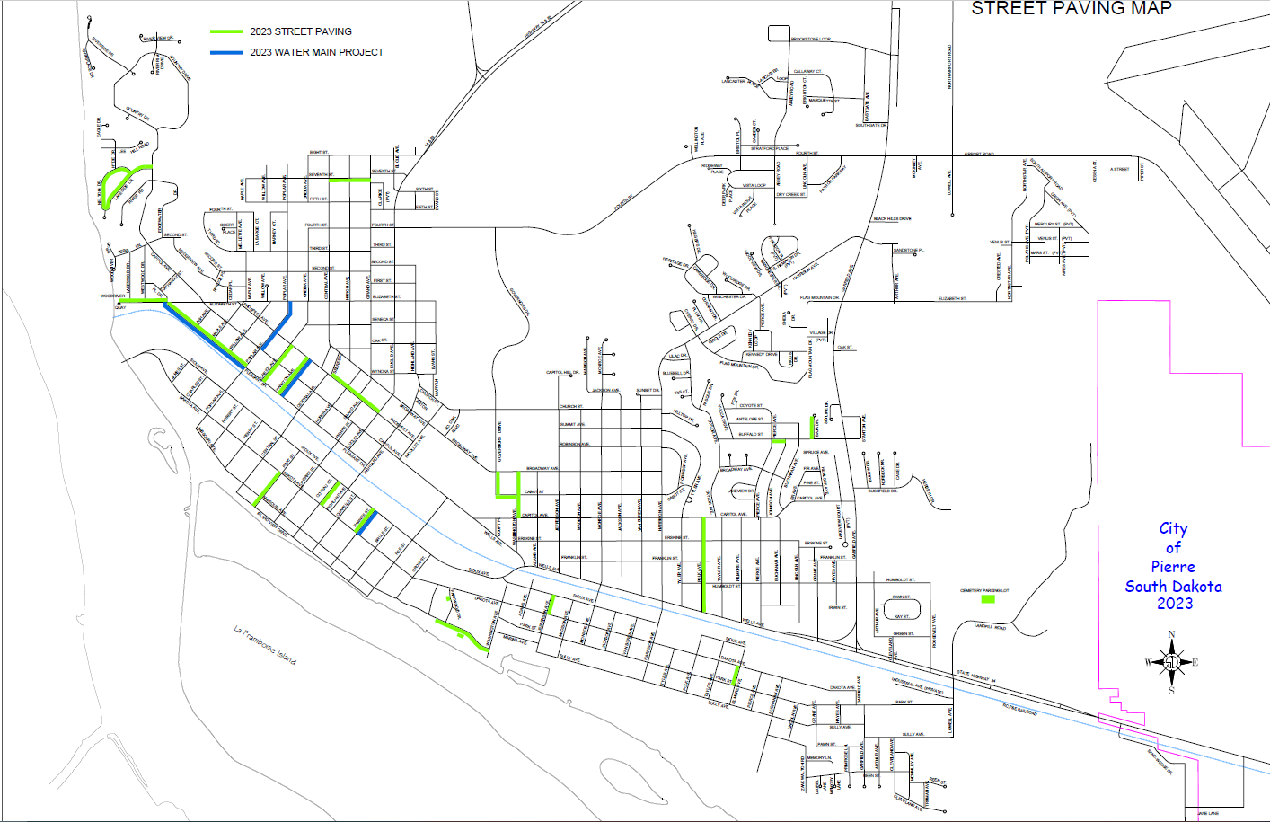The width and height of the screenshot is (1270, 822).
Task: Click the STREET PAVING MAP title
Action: (1071, 8)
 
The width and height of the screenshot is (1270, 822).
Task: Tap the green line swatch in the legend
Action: (226, 31)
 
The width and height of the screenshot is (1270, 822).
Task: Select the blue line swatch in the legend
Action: (226, 52)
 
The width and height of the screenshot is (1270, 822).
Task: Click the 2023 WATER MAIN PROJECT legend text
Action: (316, 52)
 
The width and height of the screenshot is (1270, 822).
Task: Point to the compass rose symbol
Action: (1171, 663)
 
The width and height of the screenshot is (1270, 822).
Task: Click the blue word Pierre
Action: (1173, 567)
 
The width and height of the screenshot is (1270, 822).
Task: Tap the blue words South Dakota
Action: (1173, 587)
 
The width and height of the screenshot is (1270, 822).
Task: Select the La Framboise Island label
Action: (265, 645)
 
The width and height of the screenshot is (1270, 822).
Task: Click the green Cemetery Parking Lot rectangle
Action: (988, 598)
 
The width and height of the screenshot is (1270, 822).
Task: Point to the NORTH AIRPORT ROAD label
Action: (950, 66)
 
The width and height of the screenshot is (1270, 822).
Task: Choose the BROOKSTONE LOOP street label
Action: (810, 40)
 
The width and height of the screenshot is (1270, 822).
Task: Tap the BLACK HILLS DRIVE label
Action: (892, 218)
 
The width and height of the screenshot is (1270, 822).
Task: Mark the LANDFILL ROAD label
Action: (990, 627)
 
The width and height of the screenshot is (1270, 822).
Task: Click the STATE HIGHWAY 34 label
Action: (975, 675)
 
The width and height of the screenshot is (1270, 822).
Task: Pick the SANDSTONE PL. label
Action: (907, 251)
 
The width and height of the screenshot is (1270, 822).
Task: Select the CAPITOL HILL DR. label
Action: (563, 372)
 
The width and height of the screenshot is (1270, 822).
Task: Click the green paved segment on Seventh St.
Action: (349, 181)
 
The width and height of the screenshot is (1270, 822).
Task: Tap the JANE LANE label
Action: (1207, 814)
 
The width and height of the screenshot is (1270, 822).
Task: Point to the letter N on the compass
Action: (1171, 635)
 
